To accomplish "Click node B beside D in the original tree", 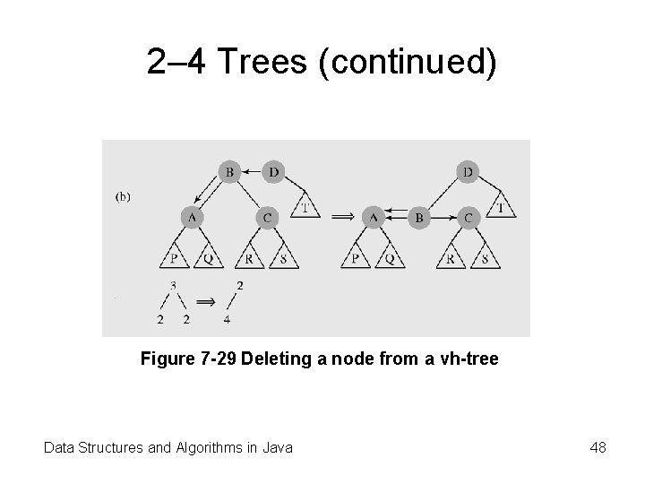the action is coord(230,170).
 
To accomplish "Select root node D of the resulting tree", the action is coord(466,170).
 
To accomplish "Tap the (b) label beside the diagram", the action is coord(123,196).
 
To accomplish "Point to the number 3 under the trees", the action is coord(172,286).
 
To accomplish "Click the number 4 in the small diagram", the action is coord(228,318).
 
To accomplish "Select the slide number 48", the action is coord(598,446).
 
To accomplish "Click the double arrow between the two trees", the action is coord(341,217).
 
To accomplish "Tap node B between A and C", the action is coord(418,217).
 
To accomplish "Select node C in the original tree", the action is coord(268,217).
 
